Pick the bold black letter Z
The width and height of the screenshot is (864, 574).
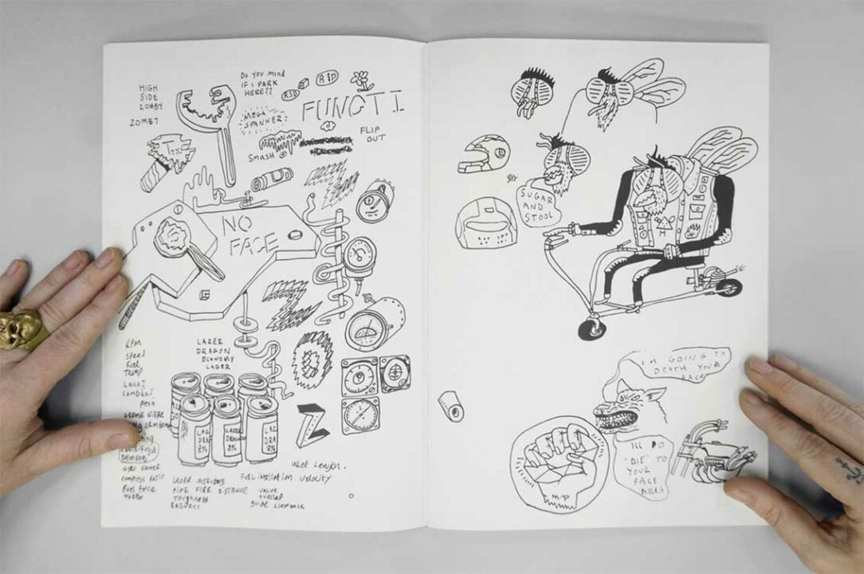click(311, 424)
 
